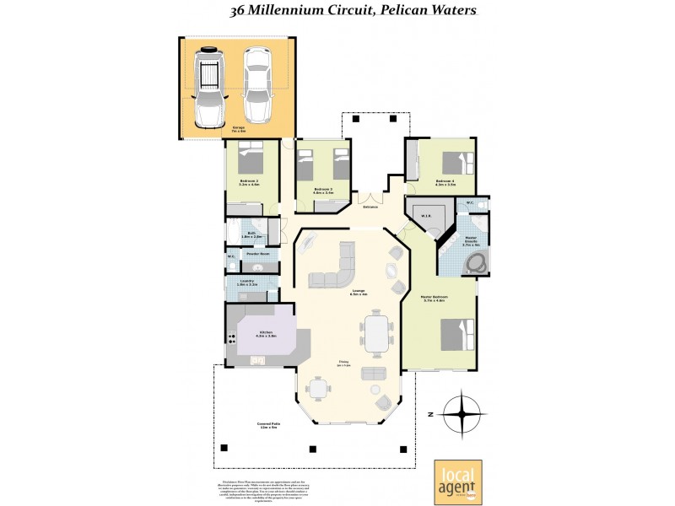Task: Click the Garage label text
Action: (239, 129)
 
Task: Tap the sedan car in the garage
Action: (257, 85)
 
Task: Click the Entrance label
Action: (370, 207)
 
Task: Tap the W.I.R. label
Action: (426, 215)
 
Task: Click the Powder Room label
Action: (257, 253)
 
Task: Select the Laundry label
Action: (247, 283)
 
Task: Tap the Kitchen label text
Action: (266, 334)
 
